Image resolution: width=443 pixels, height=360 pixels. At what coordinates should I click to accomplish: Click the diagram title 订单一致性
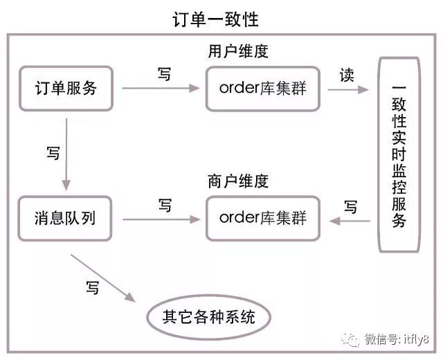[215, 19]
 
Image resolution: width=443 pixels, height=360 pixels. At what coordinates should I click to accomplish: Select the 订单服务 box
[66, 89]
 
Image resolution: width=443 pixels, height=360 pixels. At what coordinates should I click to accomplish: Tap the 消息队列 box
[66, 218]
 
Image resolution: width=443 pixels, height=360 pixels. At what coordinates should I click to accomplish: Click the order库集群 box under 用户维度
[263, 89]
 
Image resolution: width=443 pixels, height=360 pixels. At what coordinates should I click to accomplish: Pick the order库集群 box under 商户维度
[263, 218]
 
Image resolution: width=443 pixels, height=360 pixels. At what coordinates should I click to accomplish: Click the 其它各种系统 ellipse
[208, 318]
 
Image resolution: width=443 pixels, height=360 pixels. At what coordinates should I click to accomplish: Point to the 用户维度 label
[237, 51]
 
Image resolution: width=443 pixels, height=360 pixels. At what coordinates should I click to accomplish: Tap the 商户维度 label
[237, 181]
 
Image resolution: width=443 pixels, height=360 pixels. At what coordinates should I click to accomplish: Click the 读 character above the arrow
[346, 74]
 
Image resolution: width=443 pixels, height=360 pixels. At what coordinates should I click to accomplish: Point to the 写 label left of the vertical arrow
[53, 154]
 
